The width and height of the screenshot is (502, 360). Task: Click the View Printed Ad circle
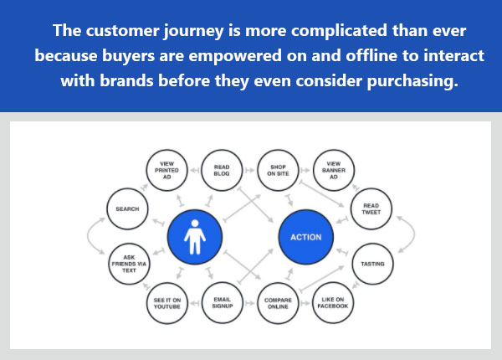point(166,169)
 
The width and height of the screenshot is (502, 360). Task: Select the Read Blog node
point(222,169)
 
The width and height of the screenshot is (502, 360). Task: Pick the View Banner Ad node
point(332,169)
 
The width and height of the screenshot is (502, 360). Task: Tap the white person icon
point(194,236)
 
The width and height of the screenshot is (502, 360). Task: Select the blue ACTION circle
point(305,236)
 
